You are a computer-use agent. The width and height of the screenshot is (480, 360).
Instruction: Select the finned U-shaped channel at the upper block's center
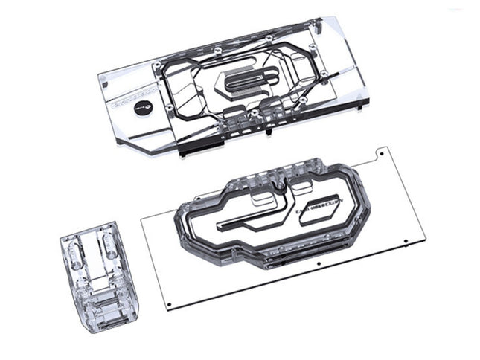[246, 83]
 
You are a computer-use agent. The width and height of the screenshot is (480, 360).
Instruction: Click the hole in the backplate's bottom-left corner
[170, 305]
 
